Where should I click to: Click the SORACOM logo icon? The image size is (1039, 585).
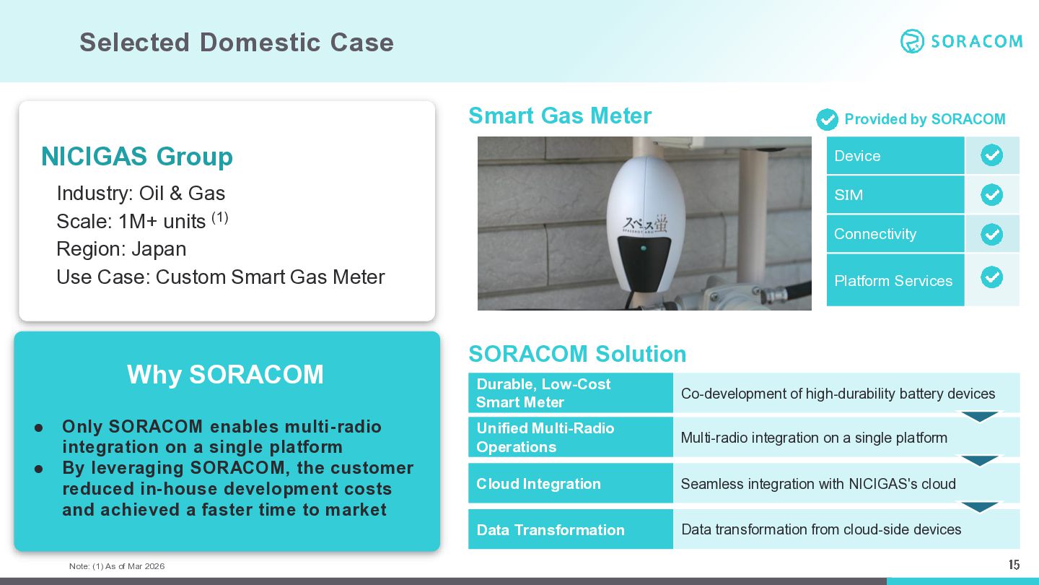pyautogui.click(x=912, y=41)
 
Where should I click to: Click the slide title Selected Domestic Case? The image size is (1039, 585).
pyautogui.click(x=237, y=42)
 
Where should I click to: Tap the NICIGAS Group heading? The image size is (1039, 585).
pyautogui.click(x=137, y=157)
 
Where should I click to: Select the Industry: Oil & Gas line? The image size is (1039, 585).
pyautogui.click(x=141, y=193)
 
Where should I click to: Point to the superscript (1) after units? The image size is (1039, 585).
pyautogui.click(x=220, y=217)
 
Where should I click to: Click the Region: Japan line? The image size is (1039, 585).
pyautogui.click(x=121, y=249)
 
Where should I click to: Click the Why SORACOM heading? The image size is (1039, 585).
pyautogui.click(x=225, y=374)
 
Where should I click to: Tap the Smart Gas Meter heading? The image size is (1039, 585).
pyautogui.click(x=560, y=116)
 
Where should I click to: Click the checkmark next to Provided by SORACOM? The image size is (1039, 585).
pyautogui.click(x=827, y=120)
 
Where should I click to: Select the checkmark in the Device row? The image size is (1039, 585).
pyautogui.click(x=991, y=155)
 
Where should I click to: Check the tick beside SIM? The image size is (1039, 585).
pyautogui.click(x=991, y=194)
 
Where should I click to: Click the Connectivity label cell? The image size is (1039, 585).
pyautogui.click(x=895, y=233)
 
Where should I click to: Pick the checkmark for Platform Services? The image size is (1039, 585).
pyautogui.click(x=991, y=277)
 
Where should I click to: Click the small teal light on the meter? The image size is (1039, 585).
pyautogui.click(x=644, y=248)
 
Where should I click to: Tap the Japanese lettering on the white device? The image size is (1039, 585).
pyautogui.click(x=645, y=224)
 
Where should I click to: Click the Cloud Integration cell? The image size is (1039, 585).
pyautogui.click(x=571, y=483)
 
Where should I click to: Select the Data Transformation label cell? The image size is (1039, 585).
pyautogui.click(x=571, y=529)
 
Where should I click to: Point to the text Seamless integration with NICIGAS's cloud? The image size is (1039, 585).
pyautogui.click(x=818, y=484)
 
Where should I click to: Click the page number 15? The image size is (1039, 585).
pyautogui.click(x=1014, y=565)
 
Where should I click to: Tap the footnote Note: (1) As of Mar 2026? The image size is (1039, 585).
pyautogui.click(x=117, y=566)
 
